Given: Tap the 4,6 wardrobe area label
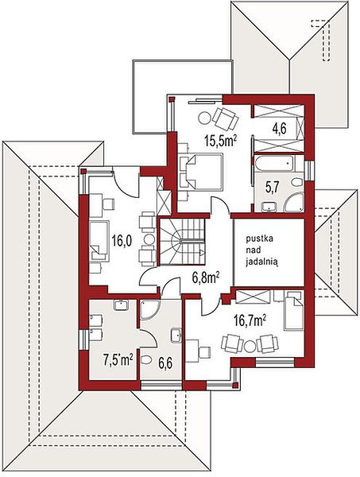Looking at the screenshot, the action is [x=279, y=130].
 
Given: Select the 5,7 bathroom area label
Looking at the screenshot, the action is [x=272, y=188].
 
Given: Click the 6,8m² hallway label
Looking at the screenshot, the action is [x=206, y=277].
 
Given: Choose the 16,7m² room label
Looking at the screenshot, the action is [x=250, y=320].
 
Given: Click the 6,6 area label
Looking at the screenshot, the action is [x=165, y=363].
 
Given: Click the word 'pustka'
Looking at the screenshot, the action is [x=260, y=238].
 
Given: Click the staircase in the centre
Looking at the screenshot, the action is [x=182, y=241].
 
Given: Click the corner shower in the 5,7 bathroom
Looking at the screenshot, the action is [x=294, y=202].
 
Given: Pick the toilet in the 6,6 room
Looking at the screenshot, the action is [x=146, y=360].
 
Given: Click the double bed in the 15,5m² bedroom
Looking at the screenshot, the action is [x=200, y=172].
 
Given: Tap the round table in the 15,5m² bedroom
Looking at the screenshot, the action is [x=204, y=118].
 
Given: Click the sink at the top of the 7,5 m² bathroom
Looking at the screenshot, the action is [x=121, y=304].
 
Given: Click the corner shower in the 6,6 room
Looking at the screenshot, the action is [x=148, y=310].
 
